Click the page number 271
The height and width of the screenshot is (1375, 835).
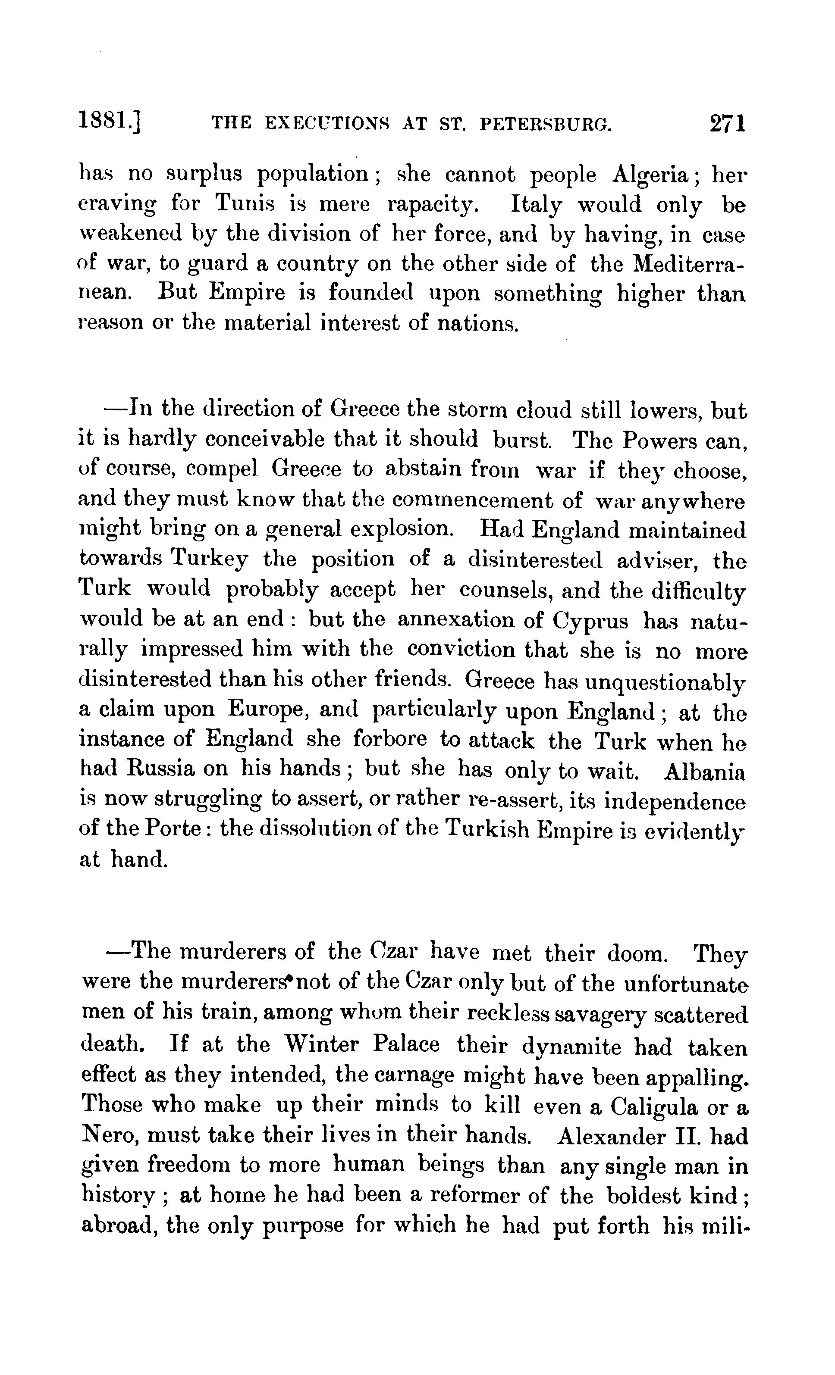tap(728, 123)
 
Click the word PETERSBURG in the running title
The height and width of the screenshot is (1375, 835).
tap(545, 125)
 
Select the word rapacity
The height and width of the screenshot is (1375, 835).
tap(433, 205)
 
